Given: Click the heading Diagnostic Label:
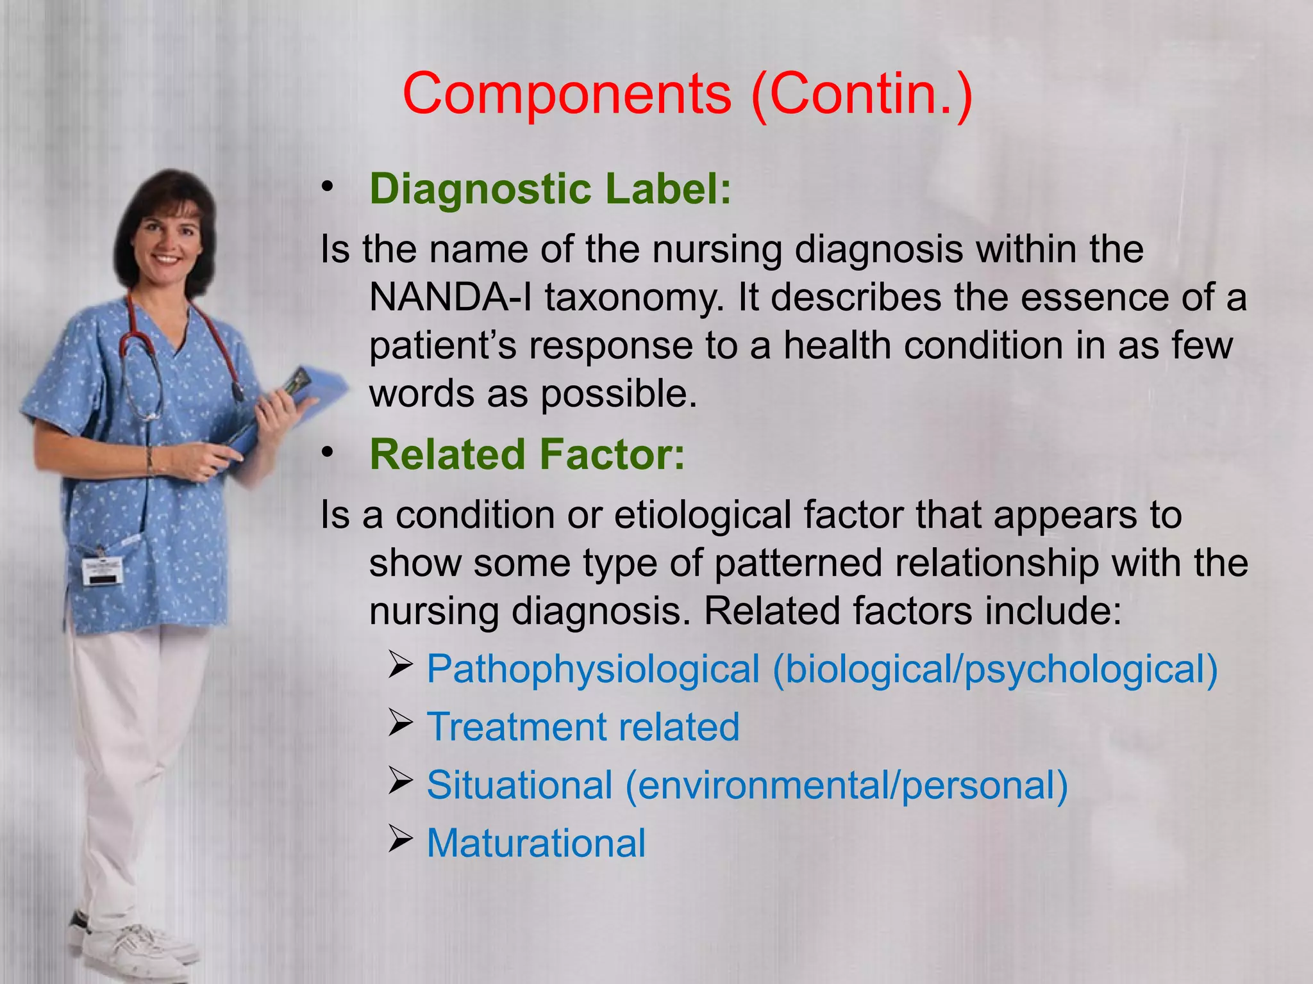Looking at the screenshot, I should pyautogui.click(x=550, y=189).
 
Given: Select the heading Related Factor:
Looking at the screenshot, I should pyautogui.click(x=527, y=454).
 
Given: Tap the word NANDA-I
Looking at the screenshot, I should pyautogui.click(x=449, y=298).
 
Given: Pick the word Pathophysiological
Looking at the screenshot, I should pyautogui.click(x=593, y=669).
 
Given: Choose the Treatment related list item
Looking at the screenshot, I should pyautogui.click(x=583, y=727).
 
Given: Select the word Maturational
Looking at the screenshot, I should pyautogui.click(x=536, y=843).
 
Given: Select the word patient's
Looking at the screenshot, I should pyautogui.click(x=442, y=346).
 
